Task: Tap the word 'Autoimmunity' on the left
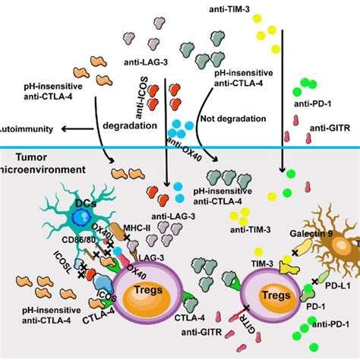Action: (21, 109)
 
